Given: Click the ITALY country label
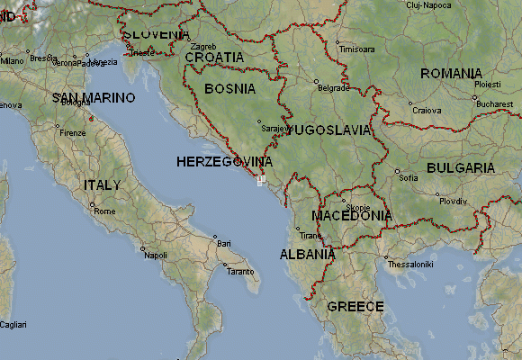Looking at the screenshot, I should [102, 184].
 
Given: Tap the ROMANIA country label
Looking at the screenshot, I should [451, 73].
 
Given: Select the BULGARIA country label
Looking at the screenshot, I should [460, 167].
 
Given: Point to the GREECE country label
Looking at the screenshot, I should [355, 307].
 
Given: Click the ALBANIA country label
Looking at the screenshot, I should [308, 254].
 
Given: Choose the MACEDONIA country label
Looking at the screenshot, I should [351, 216].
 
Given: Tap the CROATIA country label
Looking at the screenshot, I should [214, 57].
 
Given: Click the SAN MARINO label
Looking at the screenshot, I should [94, 97].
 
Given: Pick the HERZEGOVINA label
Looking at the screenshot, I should [224, 161].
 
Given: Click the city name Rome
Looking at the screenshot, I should [104, 211].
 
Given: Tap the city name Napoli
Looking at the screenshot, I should [156, 256].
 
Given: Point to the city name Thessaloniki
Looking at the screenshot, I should [410, 265].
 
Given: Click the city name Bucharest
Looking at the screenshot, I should [495, 104].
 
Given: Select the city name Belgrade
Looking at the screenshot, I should [334, 88].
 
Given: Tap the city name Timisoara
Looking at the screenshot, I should [355, 49].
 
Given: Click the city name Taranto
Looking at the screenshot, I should [239, 271].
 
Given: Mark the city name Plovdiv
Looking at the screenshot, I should [454, 202].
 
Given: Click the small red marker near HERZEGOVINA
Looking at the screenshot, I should [260, 180].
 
